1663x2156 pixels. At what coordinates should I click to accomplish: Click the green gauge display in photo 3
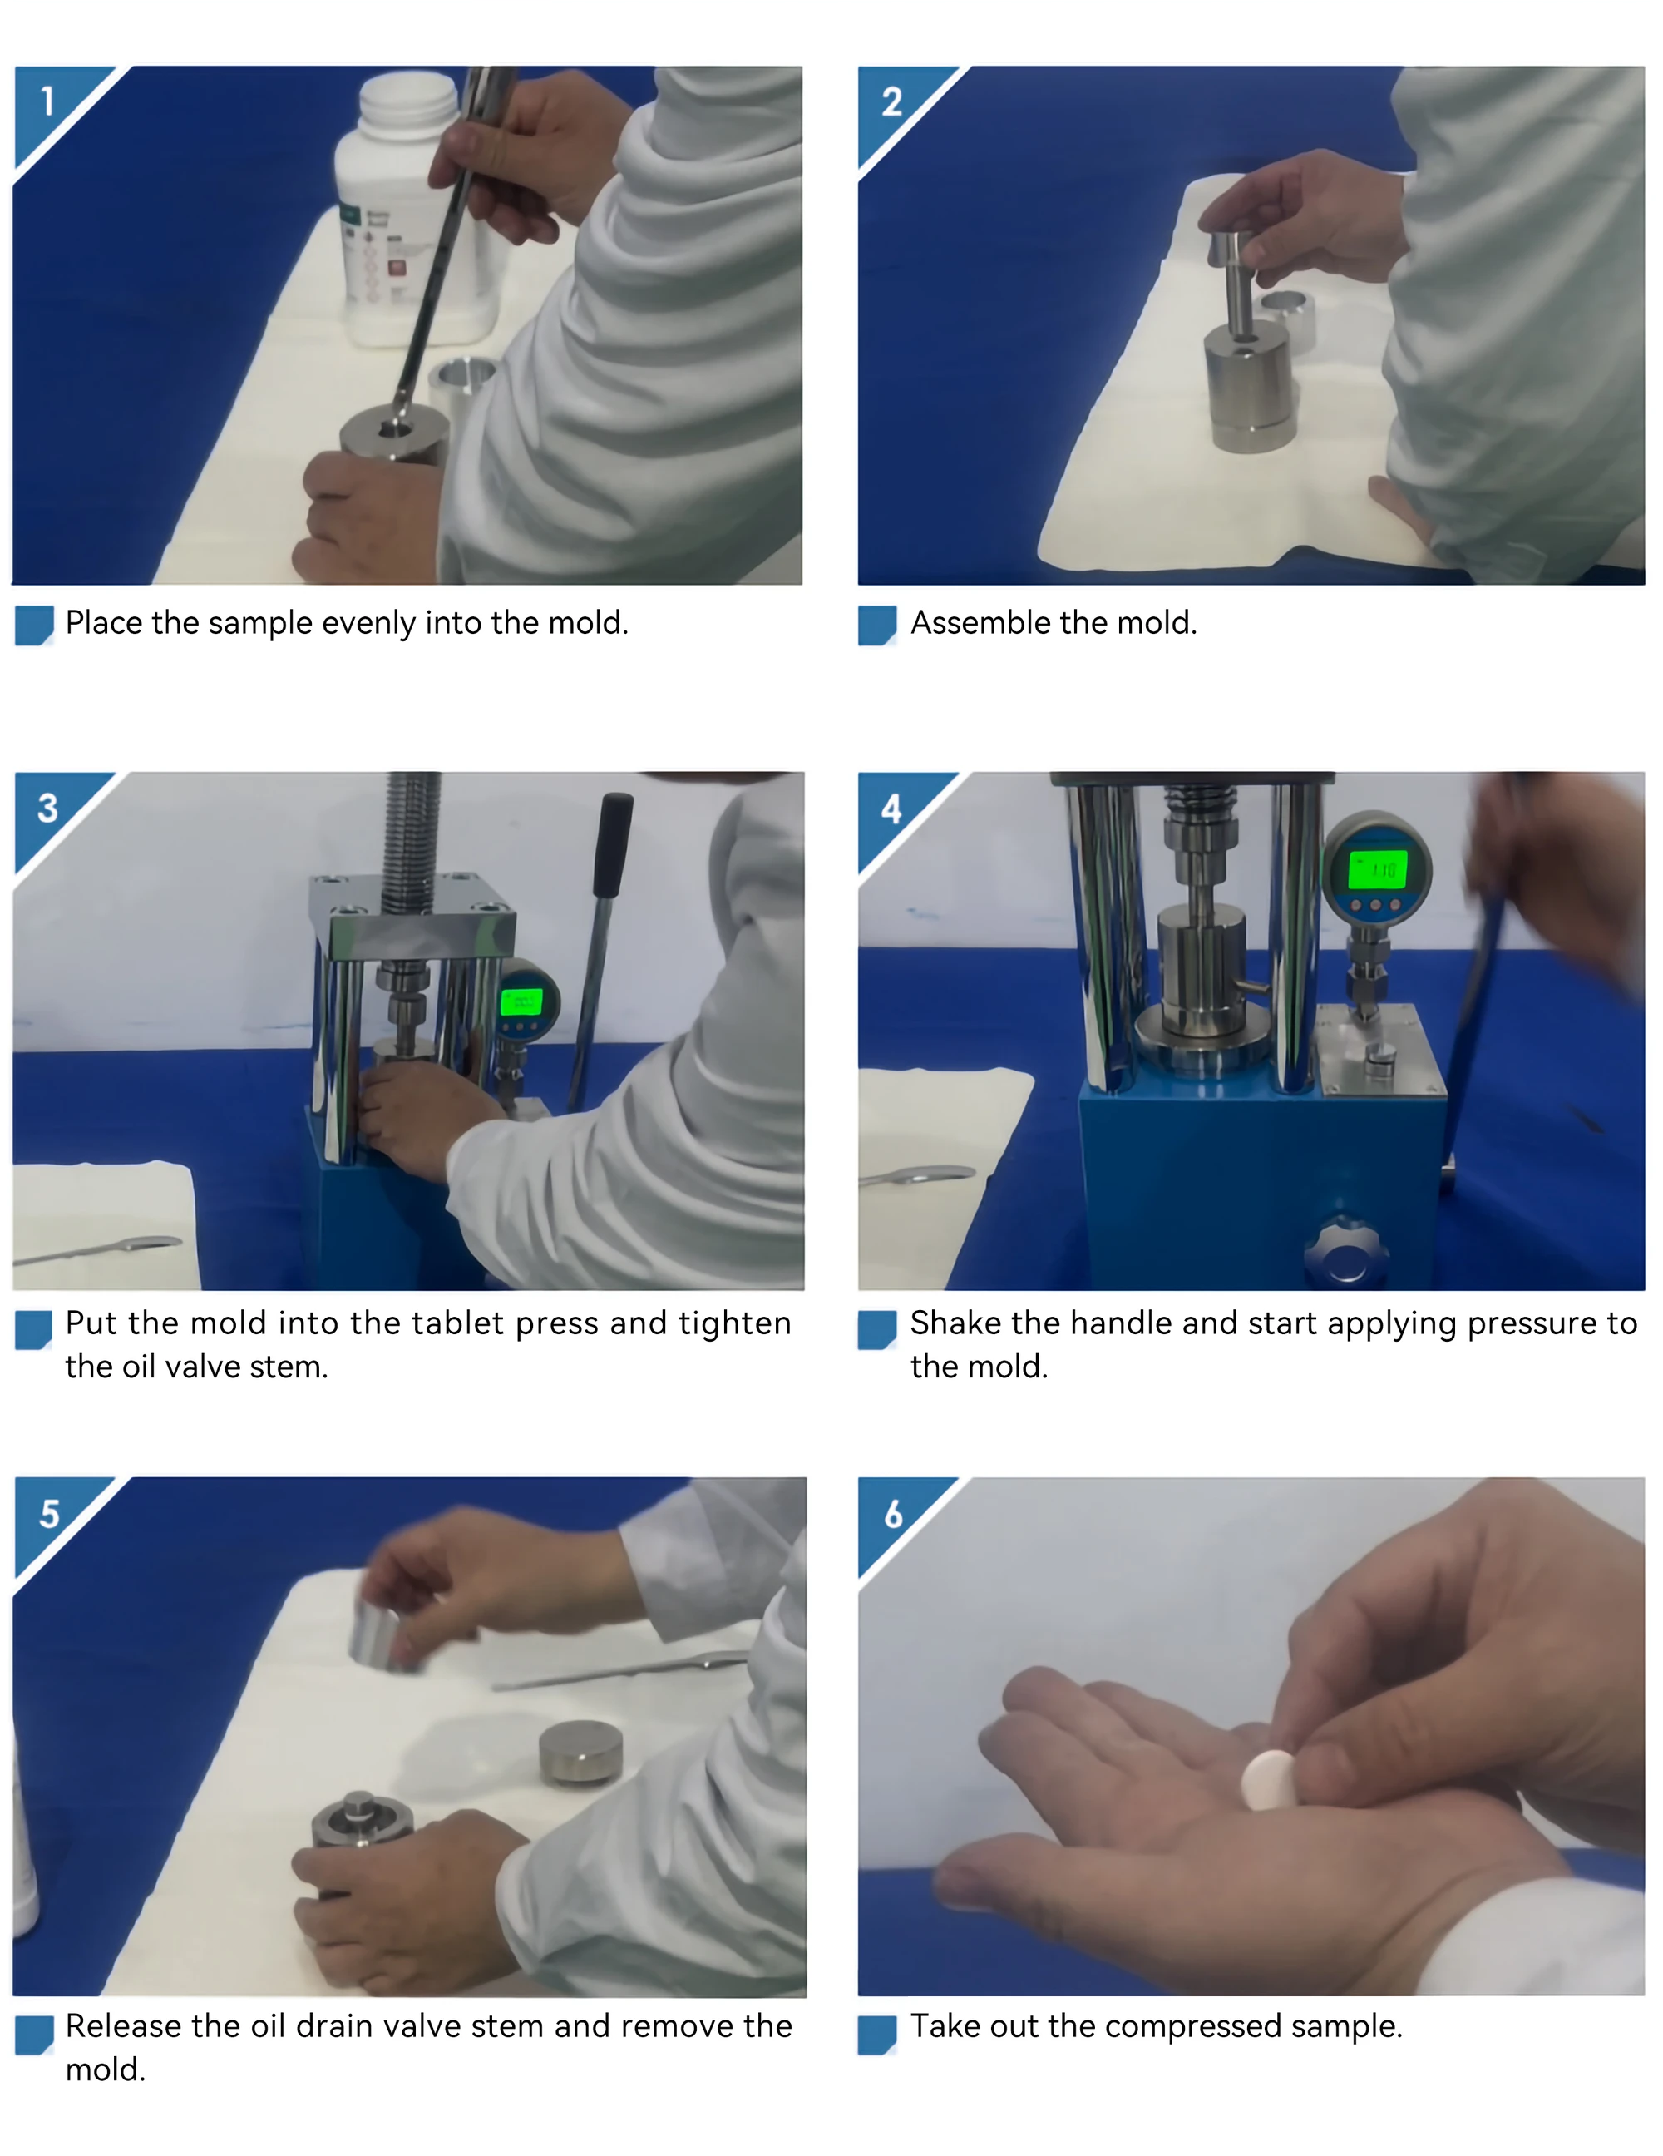tap(521, 1002)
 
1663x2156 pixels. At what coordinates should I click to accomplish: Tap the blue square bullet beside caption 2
tap(877, 625)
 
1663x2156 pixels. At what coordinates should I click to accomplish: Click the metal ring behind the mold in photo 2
tap(1289, 321)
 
